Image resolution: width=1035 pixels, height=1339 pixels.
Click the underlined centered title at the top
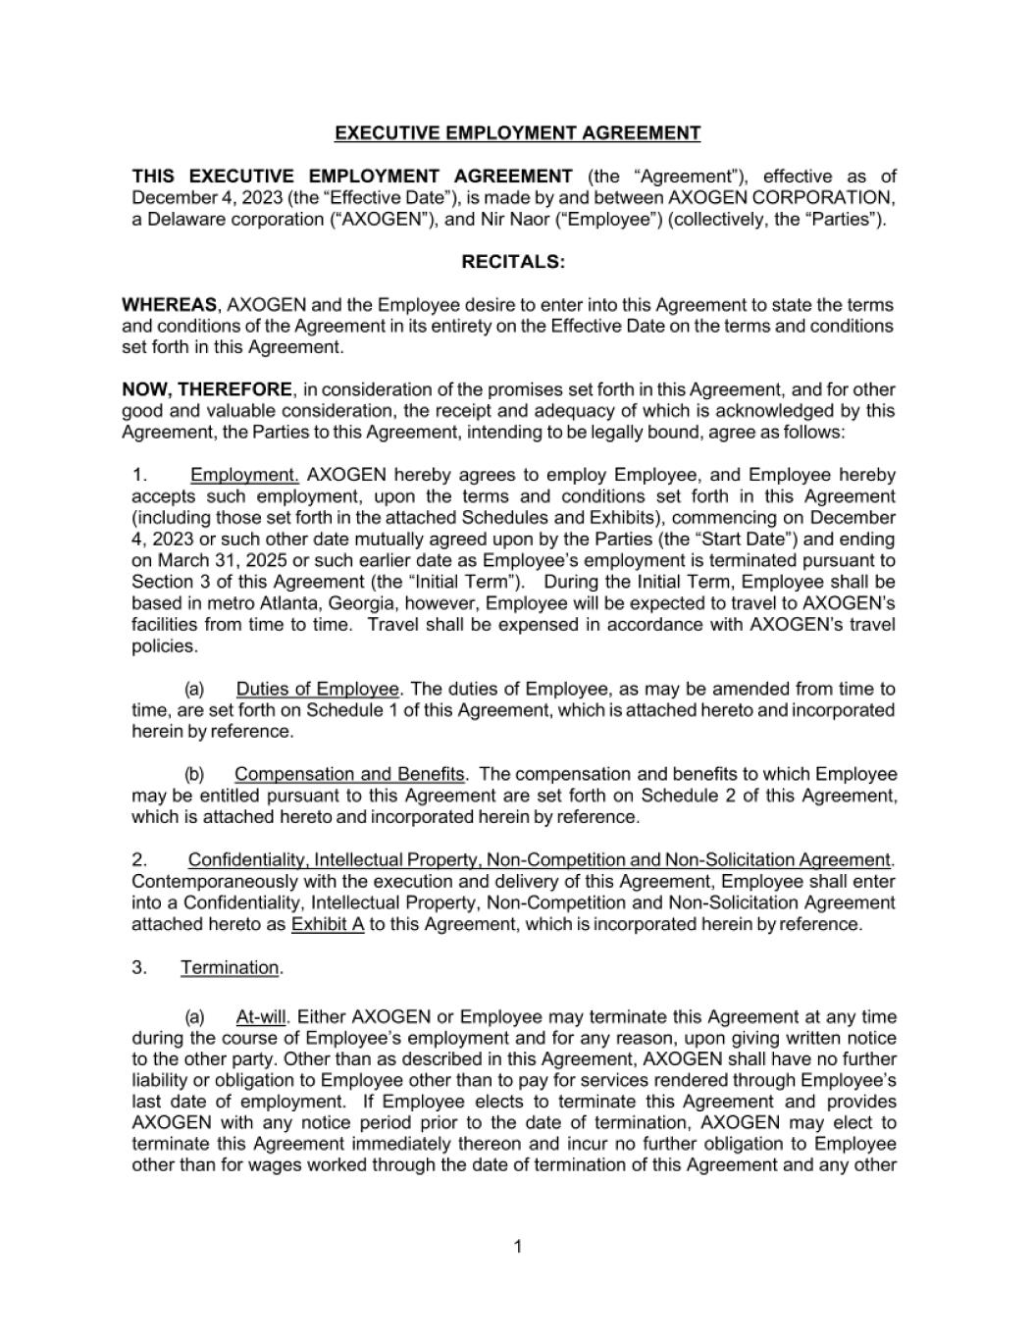[x=517, y=133]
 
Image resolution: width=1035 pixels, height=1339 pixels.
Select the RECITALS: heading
[x=513, y=262]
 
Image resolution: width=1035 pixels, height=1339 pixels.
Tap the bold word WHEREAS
[x=169, y=305]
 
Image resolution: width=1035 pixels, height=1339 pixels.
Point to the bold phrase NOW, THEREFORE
[x=206, y=389]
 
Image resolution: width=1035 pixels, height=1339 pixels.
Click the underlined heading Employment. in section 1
[x=244, y=475]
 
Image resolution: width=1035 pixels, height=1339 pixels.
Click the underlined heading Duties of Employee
[x=317, y=689]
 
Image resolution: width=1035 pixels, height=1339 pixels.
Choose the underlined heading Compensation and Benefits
[x=349, y=774]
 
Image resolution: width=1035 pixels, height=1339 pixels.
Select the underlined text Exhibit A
[x=328, y=924]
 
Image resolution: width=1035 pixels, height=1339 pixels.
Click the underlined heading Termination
[x=231, y=968]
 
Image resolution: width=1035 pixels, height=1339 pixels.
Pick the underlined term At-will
[x=260, y=1017]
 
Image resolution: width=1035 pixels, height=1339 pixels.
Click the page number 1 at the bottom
[x=518, y=1247]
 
